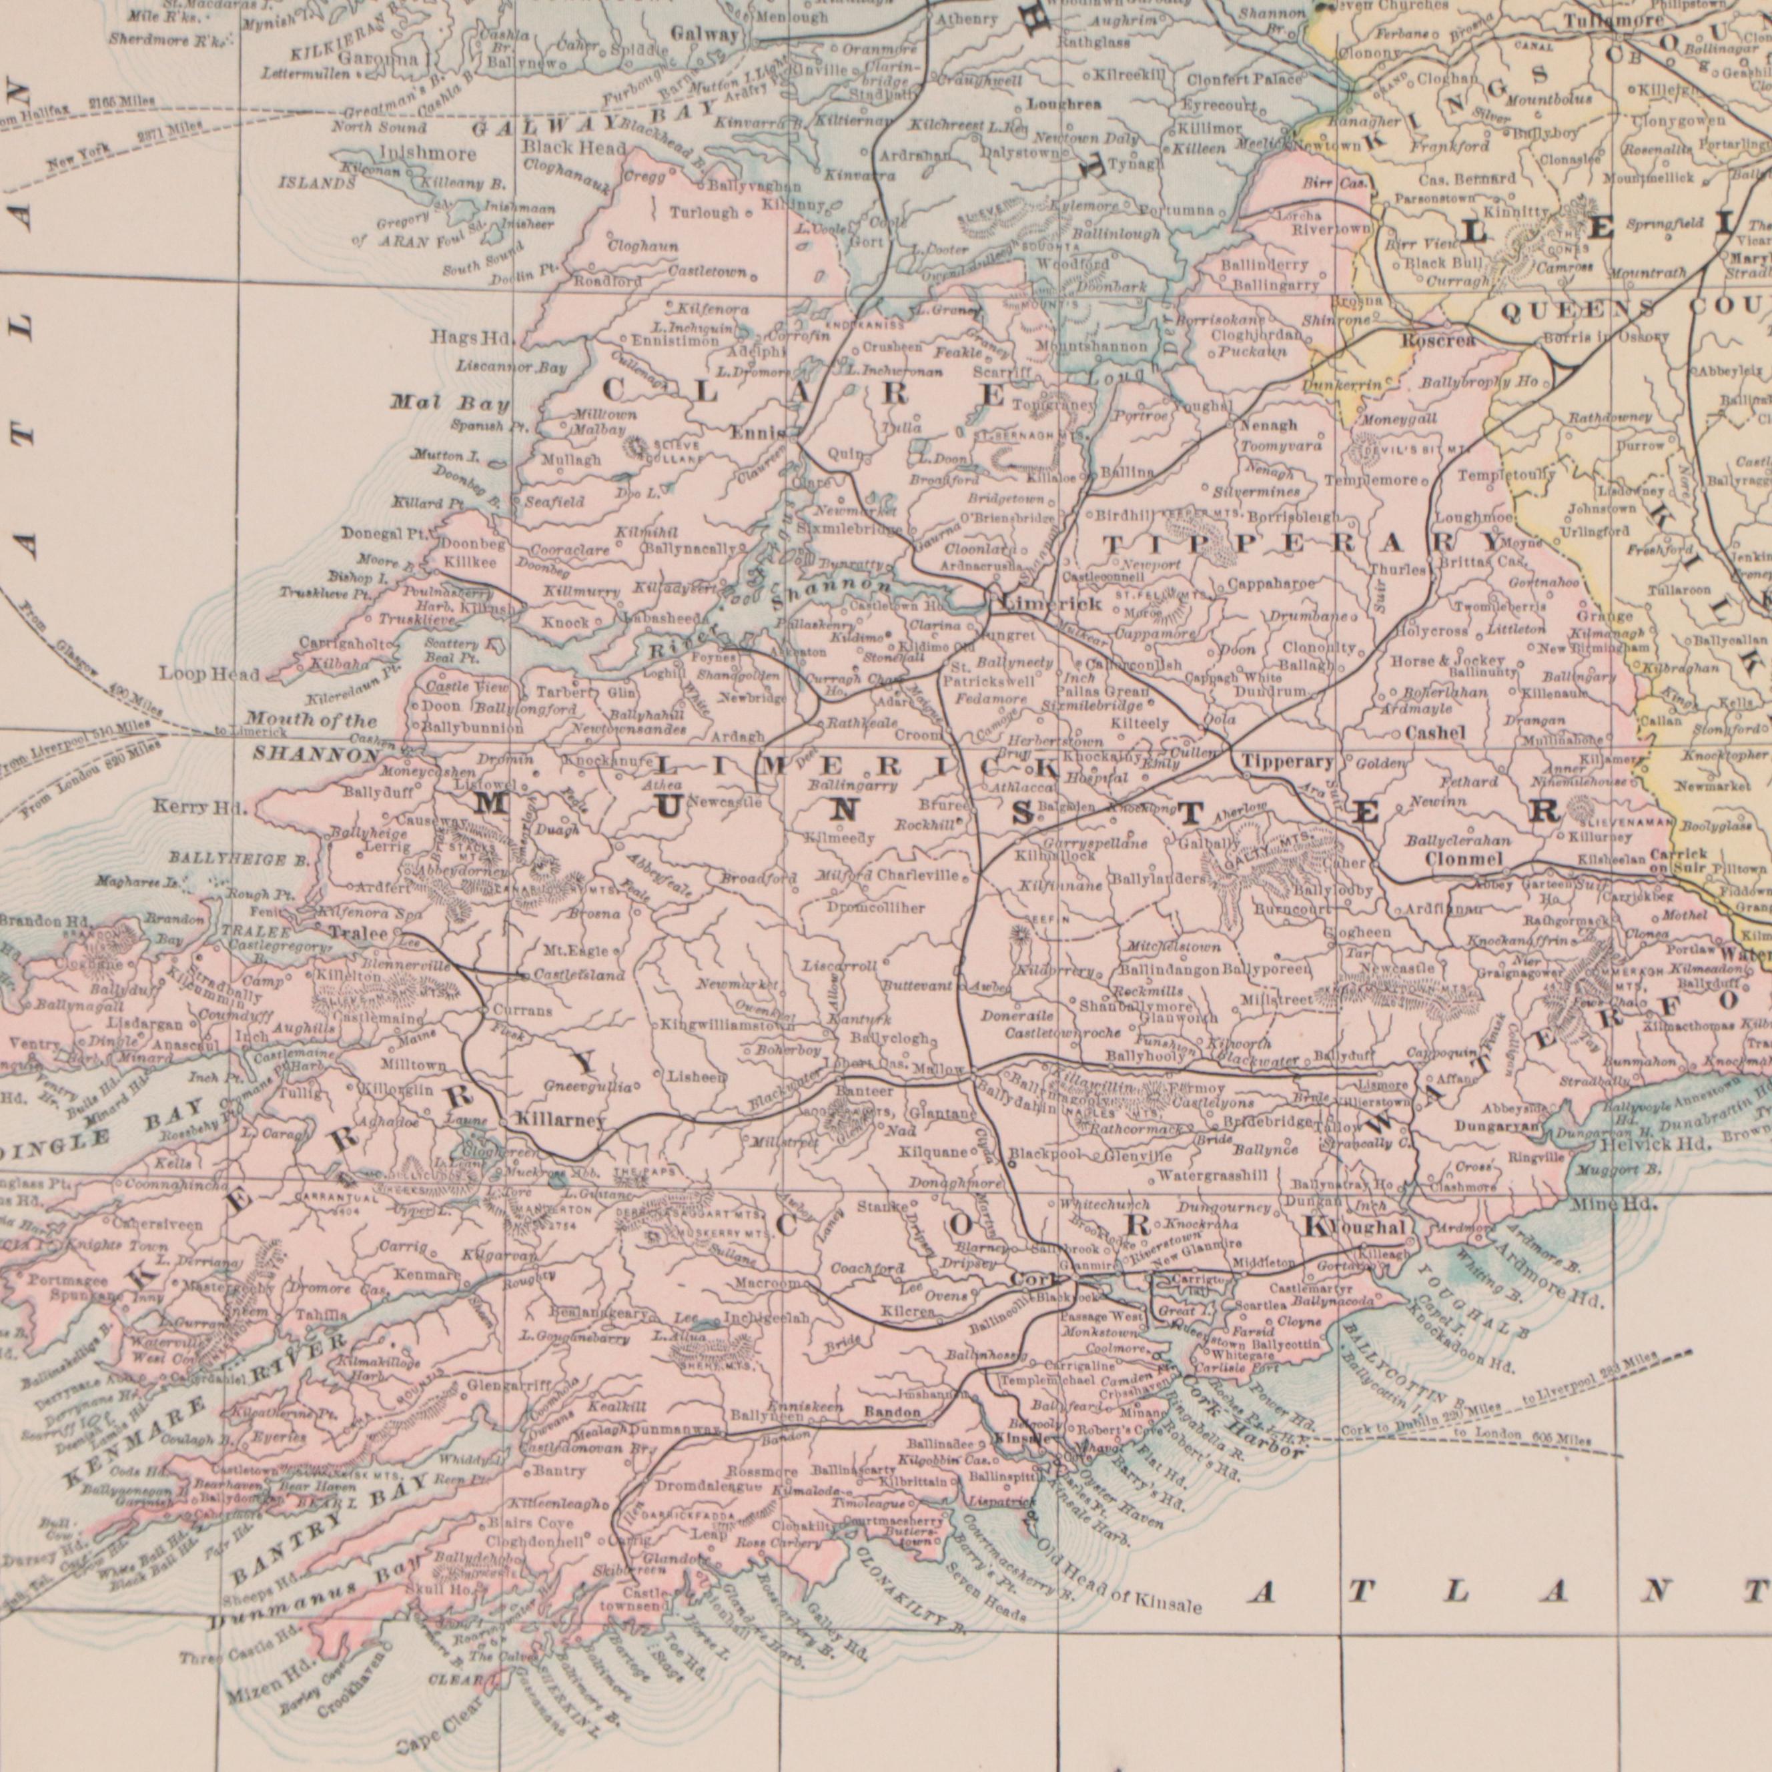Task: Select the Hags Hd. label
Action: pyautogui.click(x=472, y=338)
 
